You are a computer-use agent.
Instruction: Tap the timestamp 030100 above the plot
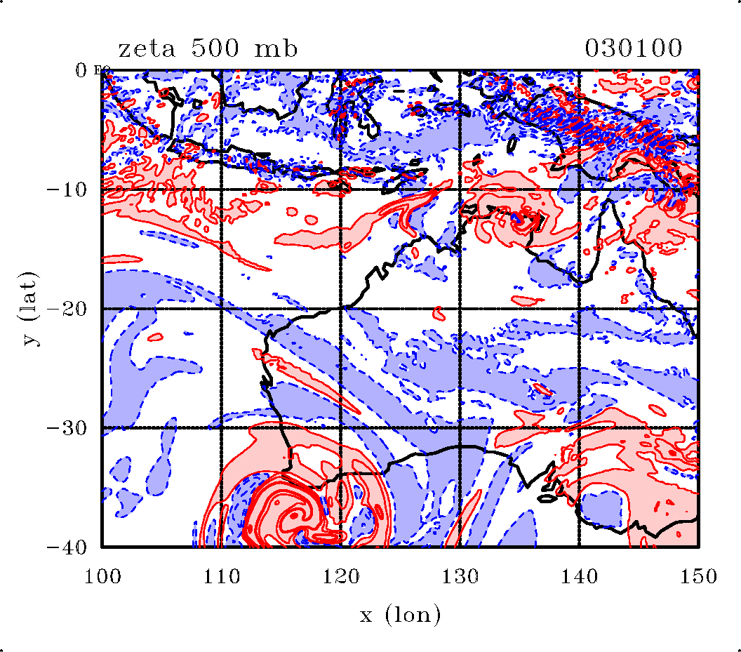[633, 49]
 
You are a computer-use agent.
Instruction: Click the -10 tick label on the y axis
[66, 189]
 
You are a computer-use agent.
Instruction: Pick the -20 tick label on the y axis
[66, 309]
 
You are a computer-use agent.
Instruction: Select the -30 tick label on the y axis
[66, 428]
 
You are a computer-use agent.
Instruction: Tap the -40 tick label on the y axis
[66, 547]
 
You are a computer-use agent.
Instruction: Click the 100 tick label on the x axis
[102, 577]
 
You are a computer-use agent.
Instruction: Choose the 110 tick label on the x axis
[221, 577]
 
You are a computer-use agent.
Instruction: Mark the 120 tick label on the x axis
[340, 577]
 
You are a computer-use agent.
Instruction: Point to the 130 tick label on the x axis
[460, 577]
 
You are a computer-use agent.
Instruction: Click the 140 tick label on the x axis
[579, 577]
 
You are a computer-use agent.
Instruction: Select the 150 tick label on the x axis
[698, 577]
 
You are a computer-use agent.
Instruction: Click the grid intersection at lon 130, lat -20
[460, 309]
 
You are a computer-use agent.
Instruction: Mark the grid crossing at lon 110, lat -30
[221, 427]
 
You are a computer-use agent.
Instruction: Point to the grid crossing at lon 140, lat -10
[579, 189]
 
